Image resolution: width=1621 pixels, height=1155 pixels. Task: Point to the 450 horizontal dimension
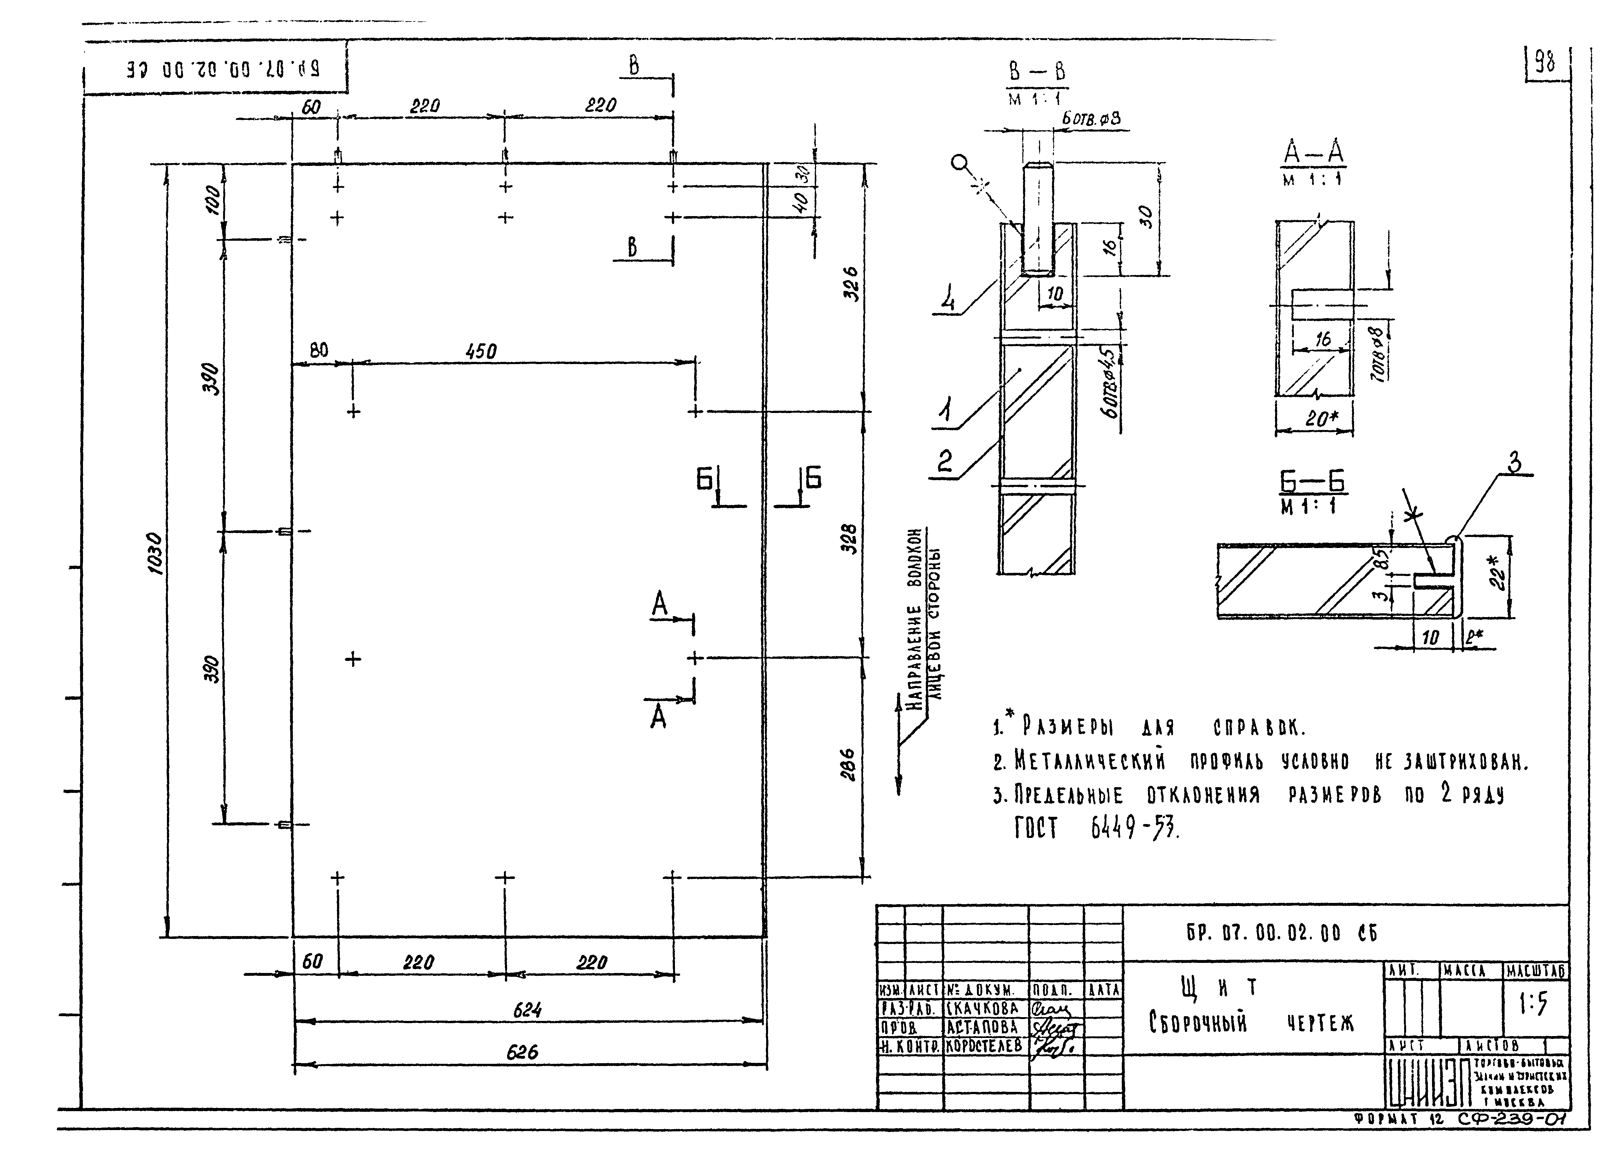482,351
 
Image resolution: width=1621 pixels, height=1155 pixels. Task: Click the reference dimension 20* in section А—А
1320,419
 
